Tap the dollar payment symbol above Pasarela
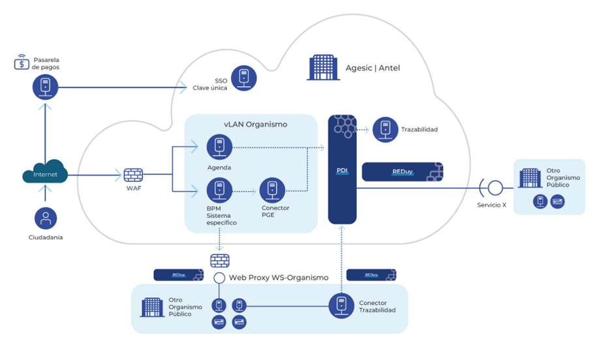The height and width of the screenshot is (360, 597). coord(23,63)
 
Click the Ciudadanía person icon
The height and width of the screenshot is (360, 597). coord(45,217)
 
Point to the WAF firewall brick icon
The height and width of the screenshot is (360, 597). coord(133,175)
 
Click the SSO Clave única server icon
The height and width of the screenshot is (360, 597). coord(244,78)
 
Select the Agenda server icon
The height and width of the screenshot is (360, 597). coord(219,147)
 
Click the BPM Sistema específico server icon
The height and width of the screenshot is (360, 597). coord(219,191)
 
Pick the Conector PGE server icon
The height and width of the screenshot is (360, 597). coord(272,190)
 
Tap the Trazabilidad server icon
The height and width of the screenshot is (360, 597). coord(386,129)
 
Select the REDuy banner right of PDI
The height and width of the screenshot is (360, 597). coord(402,172)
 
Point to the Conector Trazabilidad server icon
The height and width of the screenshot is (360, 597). coord(341,305)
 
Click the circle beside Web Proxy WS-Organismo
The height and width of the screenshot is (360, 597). coord(219,278)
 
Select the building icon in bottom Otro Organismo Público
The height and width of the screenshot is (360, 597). coord(153,307)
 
